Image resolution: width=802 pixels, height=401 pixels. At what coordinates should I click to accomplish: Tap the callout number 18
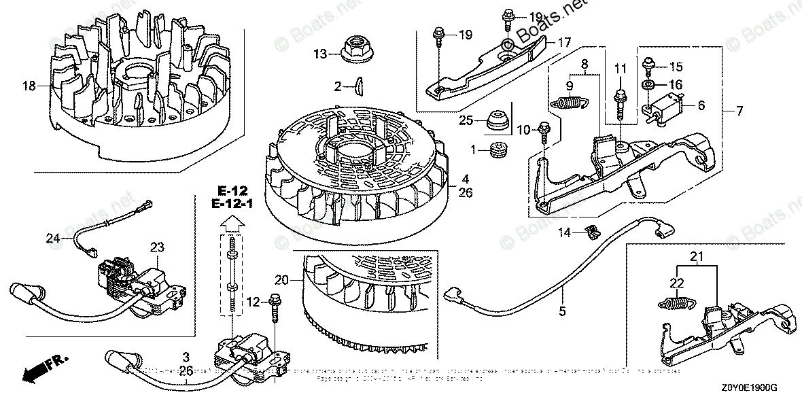[29, 86]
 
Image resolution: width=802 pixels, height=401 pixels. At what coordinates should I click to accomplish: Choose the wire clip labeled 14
[590, 232]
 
